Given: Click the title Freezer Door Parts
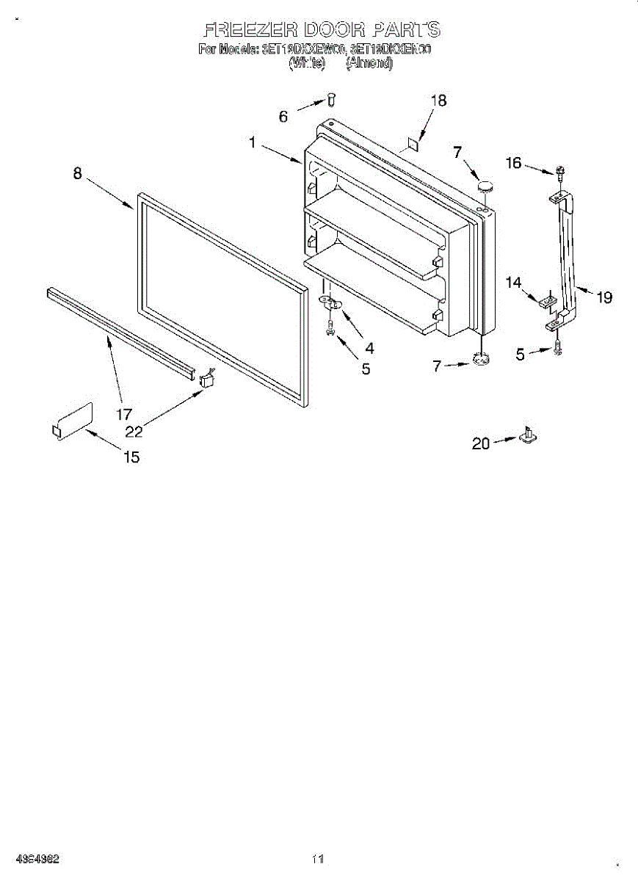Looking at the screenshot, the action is point(322,30).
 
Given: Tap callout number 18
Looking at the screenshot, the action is point(438,101).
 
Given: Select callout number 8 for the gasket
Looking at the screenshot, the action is point(77,175).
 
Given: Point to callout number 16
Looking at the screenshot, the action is point(513,163).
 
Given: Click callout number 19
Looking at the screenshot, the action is point(603,297).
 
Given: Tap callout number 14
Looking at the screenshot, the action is point(513,281).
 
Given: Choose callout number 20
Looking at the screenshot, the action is point(481,443).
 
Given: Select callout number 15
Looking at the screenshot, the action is point(131,457).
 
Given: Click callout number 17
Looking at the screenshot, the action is point(124,414).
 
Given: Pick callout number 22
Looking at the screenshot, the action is point(134,431).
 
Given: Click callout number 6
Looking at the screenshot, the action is point(283,116).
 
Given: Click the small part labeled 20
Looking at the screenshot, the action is point(527,436).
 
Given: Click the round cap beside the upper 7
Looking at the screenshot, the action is point(484,187).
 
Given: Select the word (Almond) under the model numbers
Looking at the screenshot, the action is point(369,64).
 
